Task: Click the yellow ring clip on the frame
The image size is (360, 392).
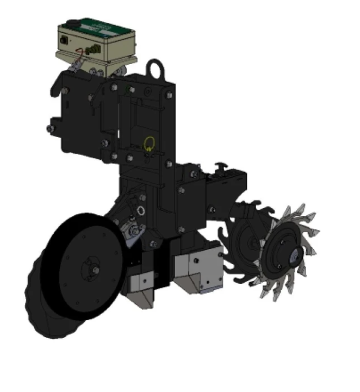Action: (149, 144)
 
